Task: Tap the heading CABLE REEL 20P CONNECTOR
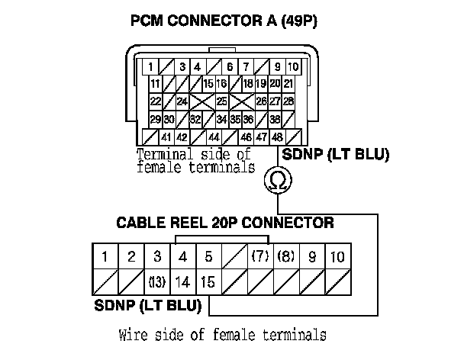pyautogui.click(x=224, y=223)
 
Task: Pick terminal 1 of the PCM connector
pyautogui.click(x=153, y=66)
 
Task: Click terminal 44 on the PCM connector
pyautogui.click(x=214, y=138)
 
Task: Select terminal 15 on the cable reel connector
pyautogui.click(x=208, y=281)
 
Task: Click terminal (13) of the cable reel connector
pyautogui.click(x=156, y=281)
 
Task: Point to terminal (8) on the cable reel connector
pyautogui.click(x=287, y=256)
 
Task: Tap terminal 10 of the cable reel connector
pyautogui.click(x=338, y=256)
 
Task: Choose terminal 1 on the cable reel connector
pyautogui.click(x=105, y=256)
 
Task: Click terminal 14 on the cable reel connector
pyautogui.click(x=182, y=281)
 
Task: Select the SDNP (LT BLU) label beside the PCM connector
pyautogui.click(x=336, y=155)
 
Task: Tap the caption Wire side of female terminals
pyautogui.click(x=223, y=335)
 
